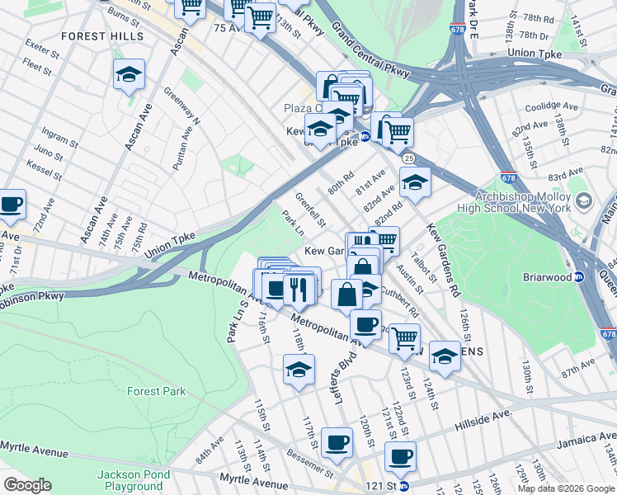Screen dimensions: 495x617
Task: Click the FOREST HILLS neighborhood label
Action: [102, 36]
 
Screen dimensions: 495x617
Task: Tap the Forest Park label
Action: [156, 391]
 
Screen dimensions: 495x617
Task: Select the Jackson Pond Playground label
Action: [134, 480]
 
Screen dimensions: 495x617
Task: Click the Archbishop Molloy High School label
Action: [535, 203]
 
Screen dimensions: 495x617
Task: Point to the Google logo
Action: [27, 485]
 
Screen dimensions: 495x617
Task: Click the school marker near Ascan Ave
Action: [129, 75]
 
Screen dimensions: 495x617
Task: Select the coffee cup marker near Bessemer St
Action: [337, 442]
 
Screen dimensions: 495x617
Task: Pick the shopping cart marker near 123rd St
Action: [404, 337]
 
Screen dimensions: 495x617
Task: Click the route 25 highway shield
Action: [408, 157]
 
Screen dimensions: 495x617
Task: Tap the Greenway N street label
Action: [181, 106]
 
